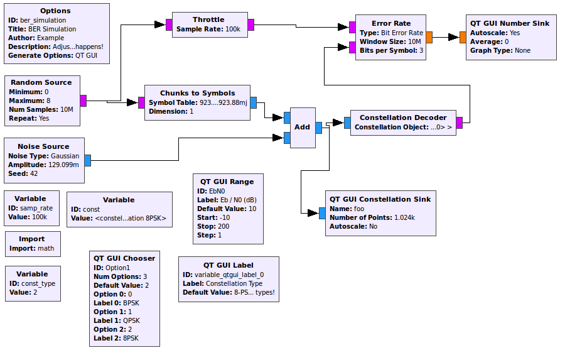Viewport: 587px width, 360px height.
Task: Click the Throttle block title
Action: (x=208, y=19)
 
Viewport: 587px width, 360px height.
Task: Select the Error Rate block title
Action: (x=391, y=23)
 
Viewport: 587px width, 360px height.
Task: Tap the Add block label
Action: (x=302, y=127)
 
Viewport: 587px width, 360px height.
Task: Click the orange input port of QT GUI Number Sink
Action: (x=463, y=37)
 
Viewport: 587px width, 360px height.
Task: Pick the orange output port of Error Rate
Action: (x=429, y=37)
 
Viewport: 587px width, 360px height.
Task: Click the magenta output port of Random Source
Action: (x=83, y=101)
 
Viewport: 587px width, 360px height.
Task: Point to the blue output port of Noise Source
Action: (x=88, y=160)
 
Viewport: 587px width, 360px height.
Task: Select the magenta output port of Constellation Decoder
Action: (x=460, y=123)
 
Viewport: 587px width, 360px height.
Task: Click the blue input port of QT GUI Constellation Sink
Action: (x=322, y=213)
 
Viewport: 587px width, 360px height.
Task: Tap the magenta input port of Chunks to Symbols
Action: (x=141, y=102)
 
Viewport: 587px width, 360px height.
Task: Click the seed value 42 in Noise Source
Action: (x=34, y=173)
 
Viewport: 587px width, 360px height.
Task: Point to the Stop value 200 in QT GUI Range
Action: (x=223, y=226)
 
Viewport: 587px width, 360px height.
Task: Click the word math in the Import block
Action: (x=46, y=248)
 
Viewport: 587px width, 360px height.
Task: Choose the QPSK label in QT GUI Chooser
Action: (x=131, y=320)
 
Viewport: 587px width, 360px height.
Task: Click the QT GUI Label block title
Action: (x=229, y=265)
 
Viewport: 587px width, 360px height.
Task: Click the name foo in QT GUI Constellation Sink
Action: (x=359, y=209)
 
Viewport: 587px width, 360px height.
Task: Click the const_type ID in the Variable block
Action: (x=38, y=283)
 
